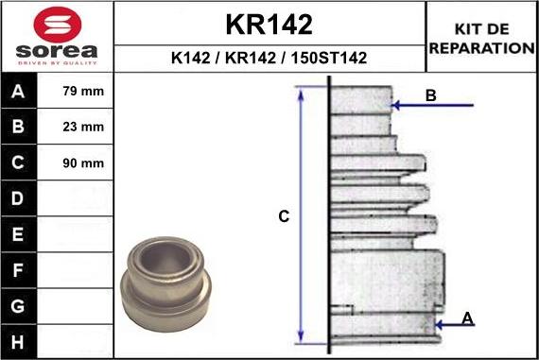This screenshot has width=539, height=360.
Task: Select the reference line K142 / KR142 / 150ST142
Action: (269, 59)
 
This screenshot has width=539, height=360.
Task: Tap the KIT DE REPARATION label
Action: (482, 39)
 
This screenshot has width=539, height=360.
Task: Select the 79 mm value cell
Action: (82, 92)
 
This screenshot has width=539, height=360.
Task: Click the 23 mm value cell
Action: (82, 127)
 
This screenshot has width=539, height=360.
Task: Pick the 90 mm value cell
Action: (82, 163)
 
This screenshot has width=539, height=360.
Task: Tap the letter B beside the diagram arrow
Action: (430, 95)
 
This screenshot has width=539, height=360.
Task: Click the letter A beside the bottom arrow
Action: (467, 318)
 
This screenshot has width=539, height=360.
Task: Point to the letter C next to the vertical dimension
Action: (283, 217)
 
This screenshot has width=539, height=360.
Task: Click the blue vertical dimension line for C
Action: (301, 215)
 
